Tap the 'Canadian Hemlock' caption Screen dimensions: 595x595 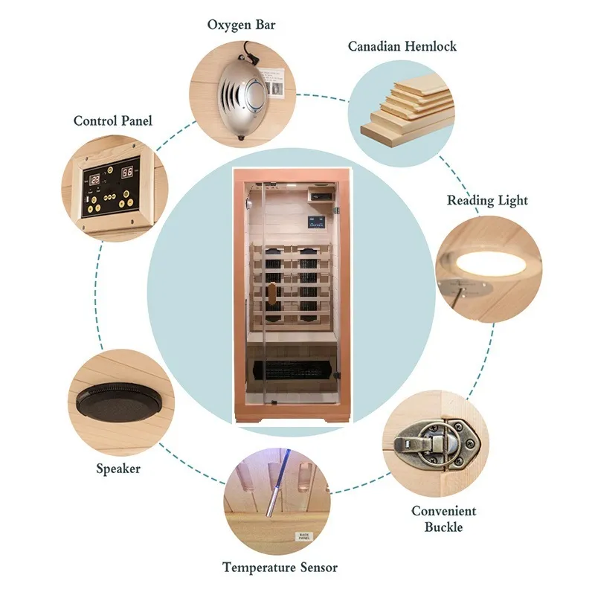402,47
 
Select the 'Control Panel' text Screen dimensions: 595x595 112,120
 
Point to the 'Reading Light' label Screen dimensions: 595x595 487,201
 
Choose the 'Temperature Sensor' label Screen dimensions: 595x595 280,567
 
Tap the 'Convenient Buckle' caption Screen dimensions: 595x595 444,519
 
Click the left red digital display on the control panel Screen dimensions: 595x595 97,180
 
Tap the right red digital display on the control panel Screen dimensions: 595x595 128,173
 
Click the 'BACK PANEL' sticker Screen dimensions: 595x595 303,535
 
